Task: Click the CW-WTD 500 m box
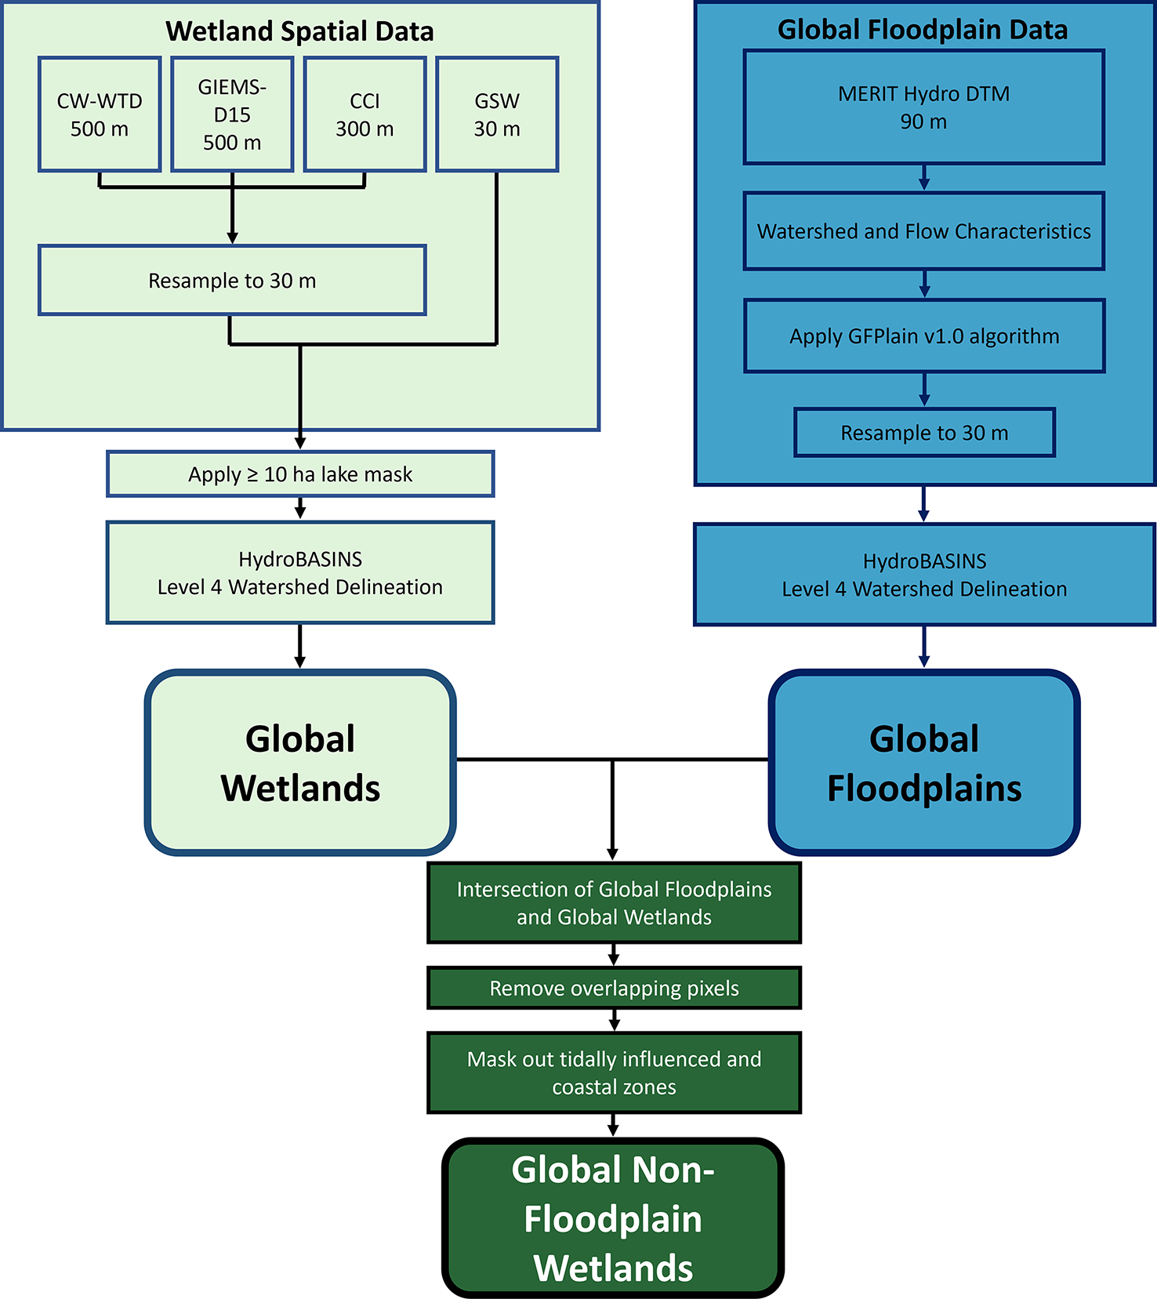[x=100, y=114]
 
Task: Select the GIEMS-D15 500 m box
[x=232, y=114]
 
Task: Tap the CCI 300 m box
[x=365, y=114]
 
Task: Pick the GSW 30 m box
[x=497, y=114]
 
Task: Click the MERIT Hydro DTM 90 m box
[x=923, y=107]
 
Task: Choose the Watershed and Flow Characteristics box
[x=923, y=231]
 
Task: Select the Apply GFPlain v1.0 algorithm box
[x=923, y=336]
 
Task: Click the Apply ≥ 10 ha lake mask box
[x=300, y=474]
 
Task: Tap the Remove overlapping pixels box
[x=614, y=989]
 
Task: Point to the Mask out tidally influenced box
[x=614, y=1072]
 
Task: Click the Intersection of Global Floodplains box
[x=614, y=903]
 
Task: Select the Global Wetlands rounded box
[x=300, y=763]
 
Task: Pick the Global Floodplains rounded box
[x=924, y=763]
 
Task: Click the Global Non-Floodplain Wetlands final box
[x=613, y=1218]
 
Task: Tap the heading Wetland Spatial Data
[x=299, y=31]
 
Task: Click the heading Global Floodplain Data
[x=923, y=30]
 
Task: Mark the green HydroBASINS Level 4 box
[x=300, y=573]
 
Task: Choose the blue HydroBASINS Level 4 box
[x=924, y=575]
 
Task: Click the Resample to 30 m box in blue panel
[x=924, y=433]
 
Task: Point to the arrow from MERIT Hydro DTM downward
[x=924, y=178]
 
